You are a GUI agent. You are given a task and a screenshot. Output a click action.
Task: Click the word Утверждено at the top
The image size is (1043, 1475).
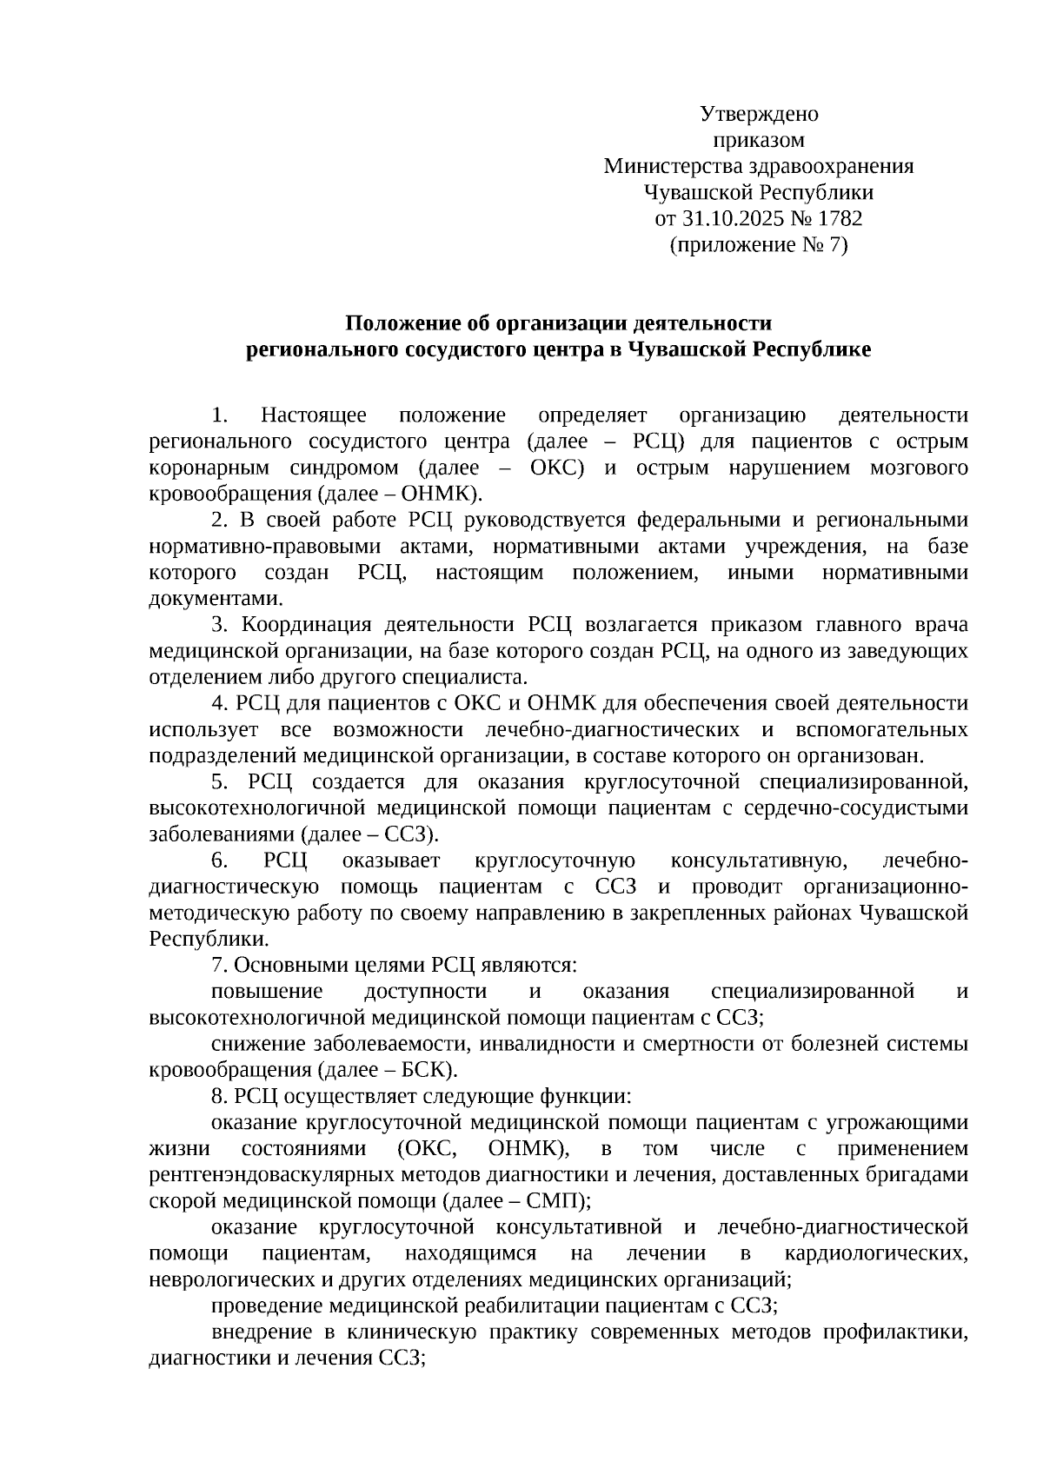pos(759,114)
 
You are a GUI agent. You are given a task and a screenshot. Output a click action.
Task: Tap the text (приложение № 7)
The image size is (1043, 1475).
pos(759,245)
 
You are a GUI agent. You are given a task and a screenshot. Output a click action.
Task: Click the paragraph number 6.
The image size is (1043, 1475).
pos(219,860)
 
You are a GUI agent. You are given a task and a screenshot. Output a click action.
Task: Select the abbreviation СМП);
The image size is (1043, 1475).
pos(561,1201)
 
